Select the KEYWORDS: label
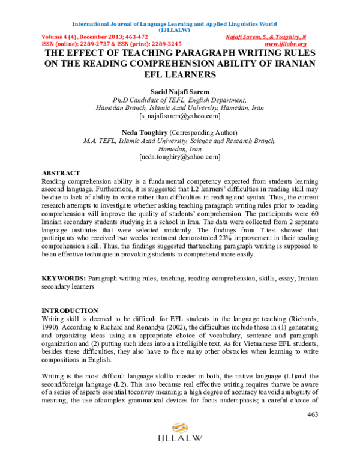click(63, 279)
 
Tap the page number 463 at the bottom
click(312, 414)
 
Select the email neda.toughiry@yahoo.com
click(179, 157)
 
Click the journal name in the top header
click(174, 24)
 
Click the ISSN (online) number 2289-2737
click(96, 44)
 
